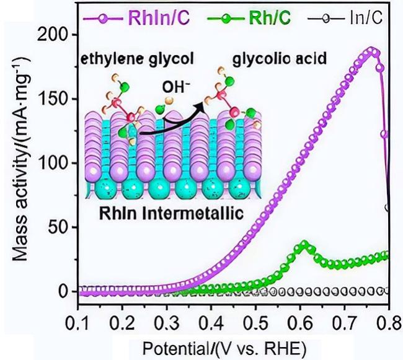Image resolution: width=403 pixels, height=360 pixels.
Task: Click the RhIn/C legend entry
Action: (x=136, y=18)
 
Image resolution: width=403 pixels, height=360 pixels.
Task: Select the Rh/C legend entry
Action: (x=249, y=18)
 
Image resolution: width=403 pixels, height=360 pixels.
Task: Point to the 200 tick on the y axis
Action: (x=54, y=35)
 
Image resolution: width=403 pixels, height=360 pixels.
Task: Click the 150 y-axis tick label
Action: (x=55, y=99)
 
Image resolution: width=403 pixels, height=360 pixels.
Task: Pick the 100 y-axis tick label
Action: (x=55, y=163)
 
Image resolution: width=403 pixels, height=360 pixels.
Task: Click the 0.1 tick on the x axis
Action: (x=77, y=323)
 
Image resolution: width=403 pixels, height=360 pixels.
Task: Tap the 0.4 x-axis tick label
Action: (x=211, y=323)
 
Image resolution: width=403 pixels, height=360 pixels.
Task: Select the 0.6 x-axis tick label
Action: (x=300, y=323)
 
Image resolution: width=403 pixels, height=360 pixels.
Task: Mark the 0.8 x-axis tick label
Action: (x=389, y=323)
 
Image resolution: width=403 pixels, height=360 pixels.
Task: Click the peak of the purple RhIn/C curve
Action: (x=371, y=50)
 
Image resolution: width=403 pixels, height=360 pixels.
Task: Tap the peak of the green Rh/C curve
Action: (x=304, y=244)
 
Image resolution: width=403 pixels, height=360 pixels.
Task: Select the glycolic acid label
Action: (x=280, y=59)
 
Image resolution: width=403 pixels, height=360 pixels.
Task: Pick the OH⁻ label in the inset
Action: (x=176, y=87)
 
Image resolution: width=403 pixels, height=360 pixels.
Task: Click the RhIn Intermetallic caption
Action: (x=171, y=213)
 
